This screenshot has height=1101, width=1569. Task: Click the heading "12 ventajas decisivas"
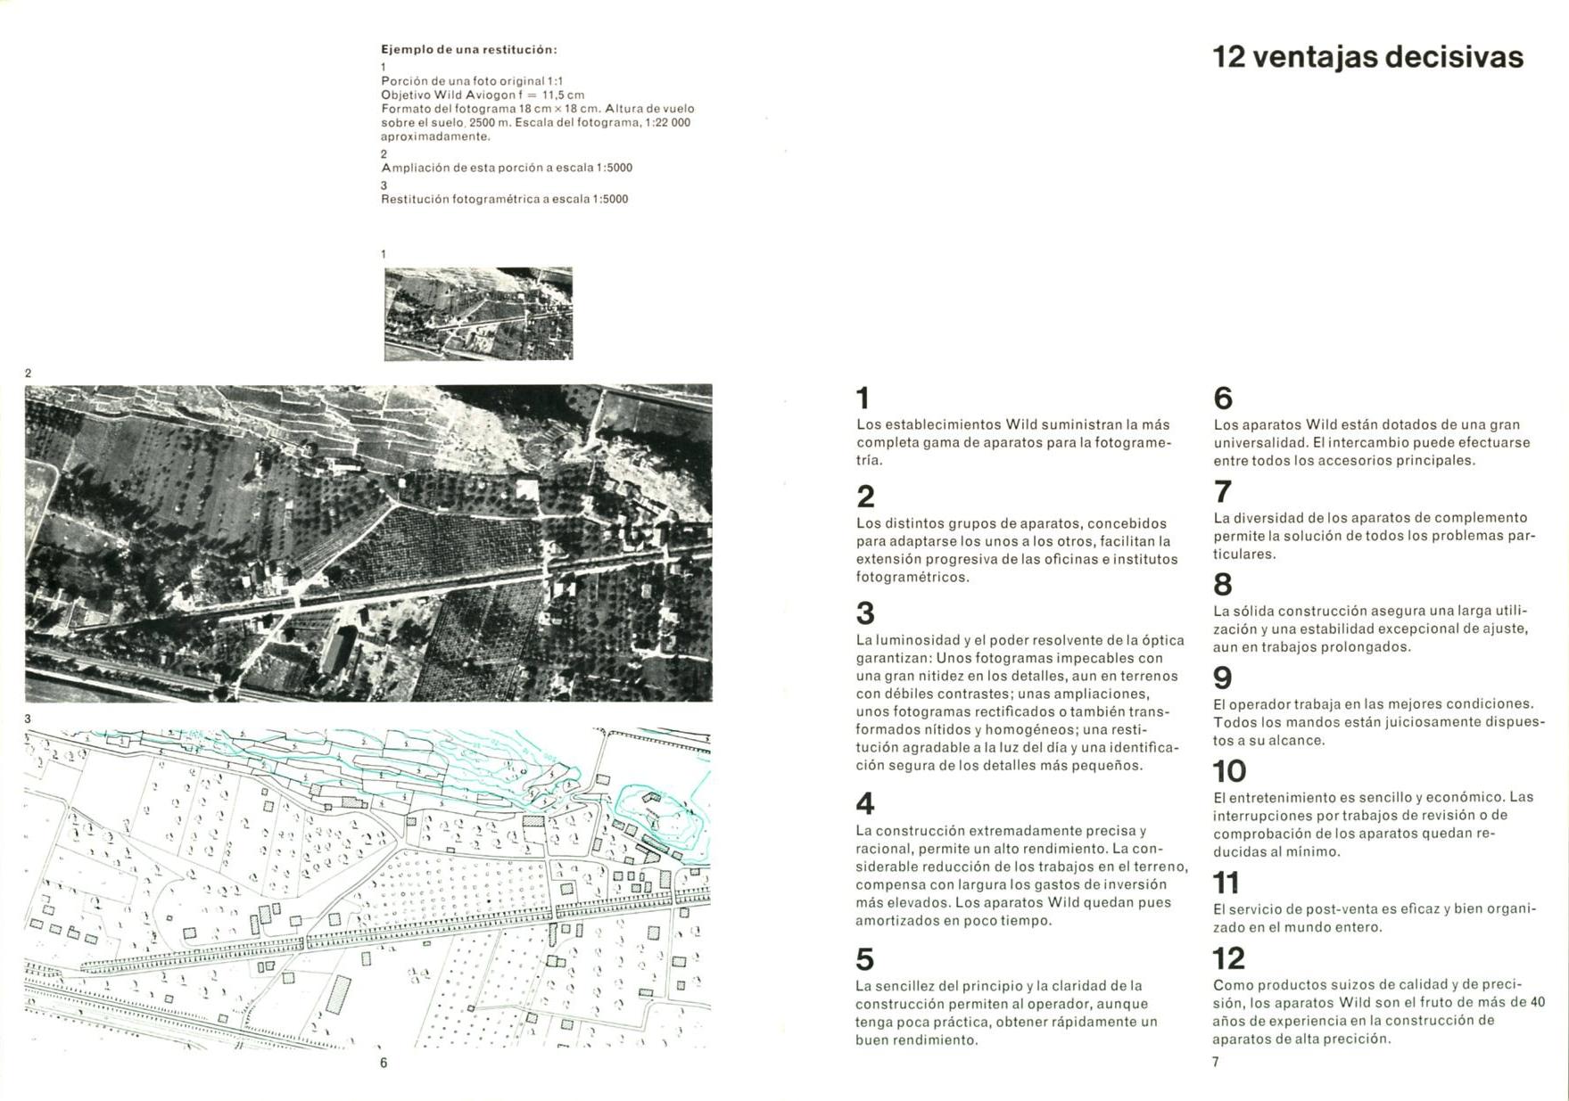coord(1367,57)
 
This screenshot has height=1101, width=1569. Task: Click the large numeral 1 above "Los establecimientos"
coord(863,398)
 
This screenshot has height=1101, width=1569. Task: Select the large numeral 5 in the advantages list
coord(864,959)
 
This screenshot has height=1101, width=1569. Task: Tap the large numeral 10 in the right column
coord(1229,771)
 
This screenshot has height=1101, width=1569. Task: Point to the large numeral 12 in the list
coord(1228,958)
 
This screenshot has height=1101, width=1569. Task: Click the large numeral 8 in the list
coord(1223,585)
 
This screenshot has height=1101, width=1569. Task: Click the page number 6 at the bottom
coord(384,1063)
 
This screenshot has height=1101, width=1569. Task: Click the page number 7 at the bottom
coord(1215,1062)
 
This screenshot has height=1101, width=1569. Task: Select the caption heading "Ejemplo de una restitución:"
coord(469,50)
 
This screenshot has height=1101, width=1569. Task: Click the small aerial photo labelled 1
coord(478,314)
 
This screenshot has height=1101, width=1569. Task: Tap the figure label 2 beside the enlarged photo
coord(28,374)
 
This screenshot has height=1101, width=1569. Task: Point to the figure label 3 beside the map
coord(28,719)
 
